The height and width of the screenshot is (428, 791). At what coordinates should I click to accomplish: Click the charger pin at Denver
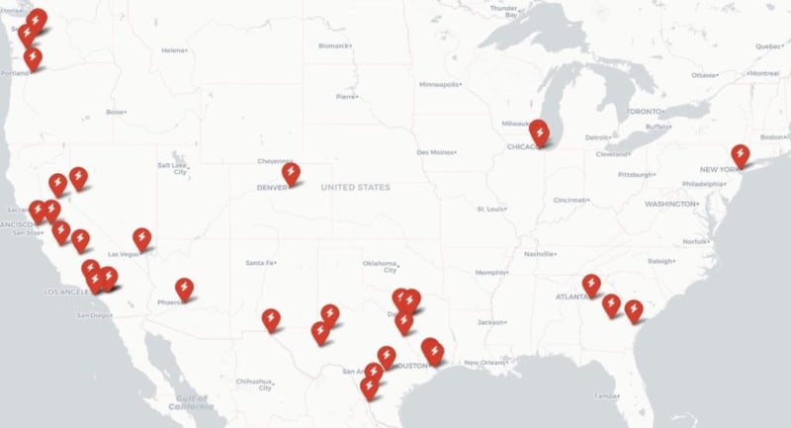[x=290, y=174]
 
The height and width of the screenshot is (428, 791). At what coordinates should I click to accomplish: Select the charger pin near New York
[x=740, y=155]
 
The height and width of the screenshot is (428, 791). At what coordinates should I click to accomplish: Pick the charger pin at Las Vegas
[x=142, y=238]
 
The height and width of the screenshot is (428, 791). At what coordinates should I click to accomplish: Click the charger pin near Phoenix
[x=184, y=288]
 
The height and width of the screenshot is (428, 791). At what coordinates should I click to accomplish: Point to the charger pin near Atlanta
[x=591, y=284]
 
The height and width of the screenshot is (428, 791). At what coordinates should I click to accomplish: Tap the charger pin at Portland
[x=33, y=57]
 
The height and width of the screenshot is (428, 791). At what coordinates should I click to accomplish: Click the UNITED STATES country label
[x=355, y=187]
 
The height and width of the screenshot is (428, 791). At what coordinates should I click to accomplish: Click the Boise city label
[x=117, y=112]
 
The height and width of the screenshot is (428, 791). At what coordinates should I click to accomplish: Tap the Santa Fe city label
[x=260, y=263]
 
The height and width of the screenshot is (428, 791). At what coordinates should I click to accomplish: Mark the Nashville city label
[x=540, y=254]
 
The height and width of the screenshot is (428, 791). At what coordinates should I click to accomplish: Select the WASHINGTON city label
[x=671, y=204]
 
